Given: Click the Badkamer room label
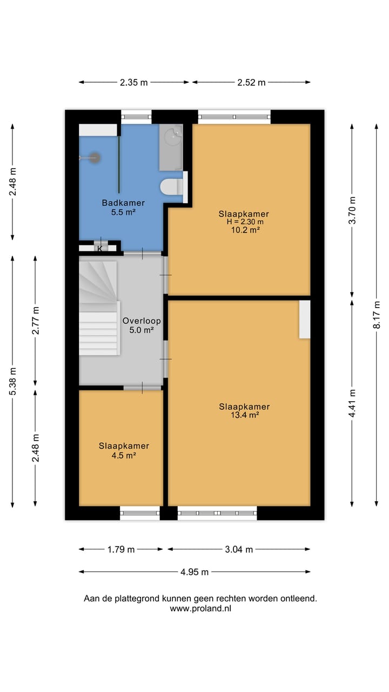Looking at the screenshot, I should pos(123,203).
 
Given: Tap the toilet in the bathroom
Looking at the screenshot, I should pos(172,187).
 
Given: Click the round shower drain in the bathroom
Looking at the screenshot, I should pos(95,158).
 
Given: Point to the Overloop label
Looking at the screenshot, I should pos(141,320).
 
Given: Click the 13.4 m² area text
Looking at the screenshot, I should pos(244,415).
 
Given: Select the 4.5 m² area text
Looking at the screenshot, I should pos(124,455).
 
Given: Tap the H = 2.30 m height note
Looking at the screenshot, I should pos(244,222).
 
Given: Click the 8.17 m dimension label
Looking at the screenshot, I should pos(377,314).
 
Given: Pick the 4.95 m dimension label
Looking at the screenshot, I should pos(194,572).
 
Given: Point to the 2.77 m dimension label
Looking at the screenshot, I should pos(36,320).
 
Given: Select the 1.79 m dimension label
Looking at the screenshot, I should pos(120,549).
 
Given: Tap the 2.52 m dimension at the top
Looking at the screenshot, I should pos(251,82).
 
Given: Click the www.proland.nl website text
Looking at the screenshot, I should pos(200,608).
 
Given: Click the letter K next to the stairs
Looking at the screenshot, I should pos(99,249).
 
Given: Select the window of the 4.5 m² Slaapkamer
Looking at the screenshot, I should pos(140,513).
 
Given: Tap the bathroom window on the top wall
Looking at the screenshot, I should pos(136,115).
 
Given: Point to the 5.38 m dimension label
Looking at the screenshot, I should pos(12,381).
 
